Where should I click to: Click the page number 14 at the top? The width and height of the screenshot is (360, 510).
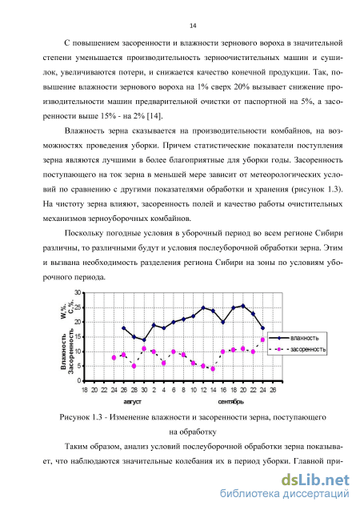193,26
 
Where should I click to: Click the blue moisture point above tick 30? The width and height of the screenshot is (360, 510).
144,340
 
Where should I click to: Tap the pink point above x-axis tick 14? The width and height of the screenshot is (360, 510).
213,369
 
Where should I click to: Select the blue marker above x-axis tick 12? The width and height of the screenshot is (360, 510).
203,307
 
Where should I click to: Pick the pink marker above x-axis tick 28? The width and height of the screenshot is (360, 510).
134,366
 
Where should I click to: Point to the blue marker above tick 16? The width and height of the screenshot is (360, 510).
223,322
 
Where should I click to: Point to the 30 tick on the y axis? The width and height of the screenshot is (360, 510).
78,293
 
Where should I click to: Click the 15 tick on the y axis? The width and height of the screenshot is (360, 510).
78,336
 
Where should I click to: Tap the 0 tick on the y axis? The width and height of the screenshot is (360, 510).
79,380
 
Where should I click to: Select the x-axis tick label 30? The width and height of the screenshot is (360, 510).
144,390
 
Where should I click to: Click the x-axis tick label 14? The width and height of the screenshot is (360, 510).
213,390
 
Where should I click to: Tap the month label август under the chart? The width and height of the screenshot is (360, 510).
132,402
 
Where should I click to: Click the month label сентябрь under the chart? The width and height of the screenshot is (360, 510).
230,402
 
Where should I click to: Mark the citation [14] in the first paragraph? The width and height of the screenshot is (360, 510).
154,116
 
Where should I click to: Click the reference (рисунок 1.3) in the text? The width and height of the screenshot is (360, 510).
317,189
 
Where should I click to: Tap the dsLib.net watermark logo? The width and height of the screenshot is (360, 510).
315,480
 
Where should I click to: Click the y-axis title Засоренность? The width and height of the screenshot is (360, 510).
70,353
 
